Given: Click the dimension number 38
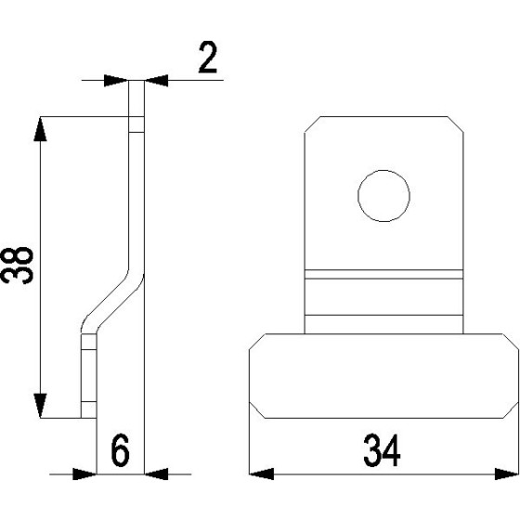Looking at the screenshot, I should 19,265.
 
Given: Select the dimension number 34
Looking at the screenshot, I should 382,452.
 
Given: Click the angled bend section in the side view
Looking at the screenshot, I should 111,297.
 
